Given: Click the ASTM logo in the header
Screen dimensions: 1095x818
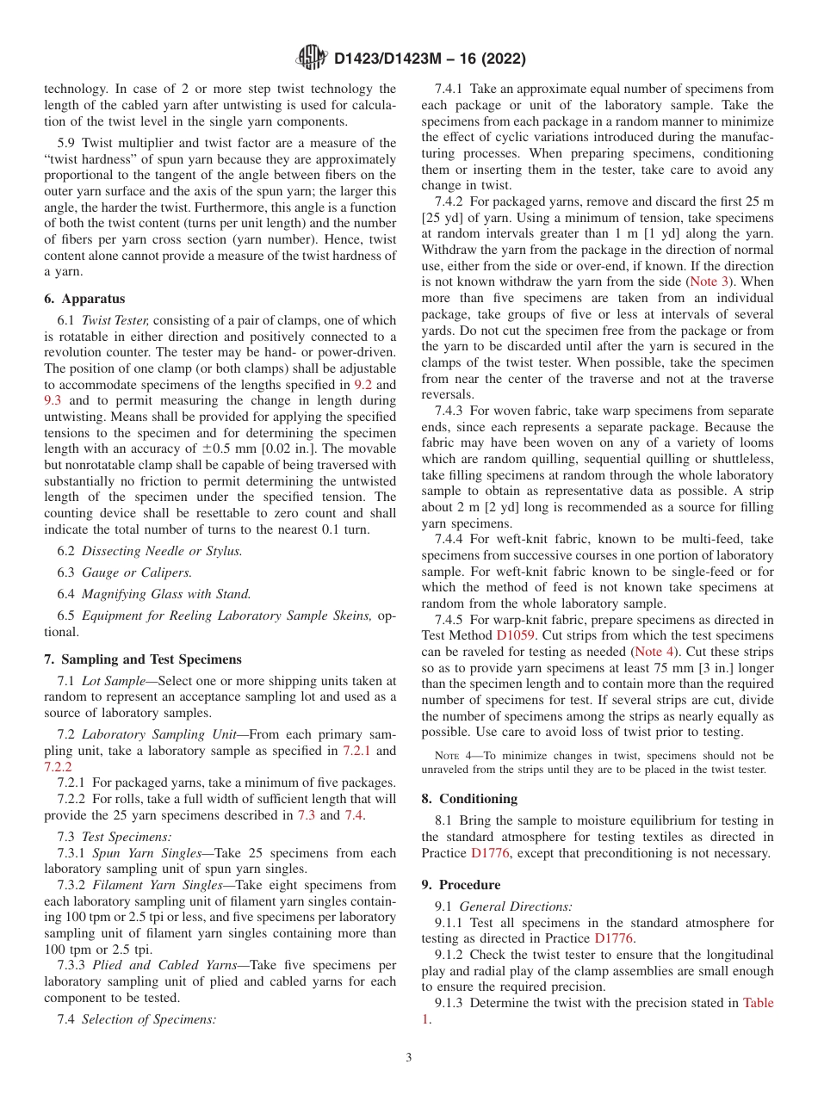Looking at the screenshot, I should coord(312,58).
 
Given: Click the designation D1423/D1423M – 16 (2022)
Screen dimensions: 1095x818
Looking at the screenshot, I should coord(429,59).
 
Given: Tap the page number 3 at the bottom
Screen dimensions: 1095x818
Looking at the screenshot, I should coord(409,1057).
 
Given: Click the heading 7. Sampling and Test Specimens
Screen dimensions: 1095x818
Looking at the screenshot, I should coord(143,659).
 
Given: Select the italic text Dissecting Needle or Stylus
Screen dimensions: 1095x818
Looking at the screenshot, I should coord(162,551).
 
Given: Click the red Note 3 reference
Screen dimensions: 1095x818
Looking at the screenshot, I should coord(710,281).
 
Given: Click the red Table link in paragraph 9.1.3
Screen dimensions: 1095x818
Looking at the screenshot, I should coord(758,1003).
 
